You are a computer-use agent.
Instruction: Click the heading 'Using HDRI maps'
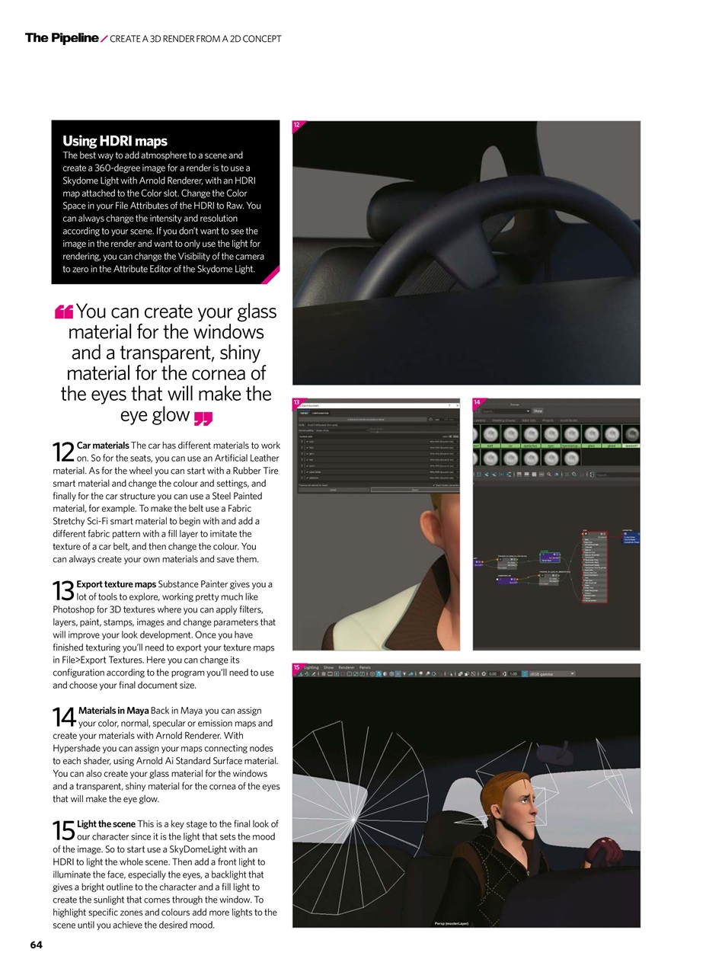click(x=114, y=141)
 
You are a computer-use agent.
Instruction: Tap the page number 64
click(x=37, y=945)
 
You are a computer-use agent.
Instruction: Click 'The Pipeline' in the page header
click(x=62, y=38)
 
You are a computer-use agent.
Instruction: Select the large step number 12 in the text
click(x=63, y=452)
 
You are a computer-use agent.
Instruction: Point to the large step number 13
click(x=63, y=591)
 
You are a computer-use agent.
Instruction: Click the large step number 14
click(x=64, y=717)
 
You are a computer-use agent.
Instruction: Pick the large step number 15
click(x=63, y=830)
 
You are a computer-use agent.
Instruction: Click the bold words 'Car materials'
click(x=103, y=445)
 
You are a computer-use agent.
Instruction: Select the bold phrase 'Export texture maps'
click(x=116, y=584)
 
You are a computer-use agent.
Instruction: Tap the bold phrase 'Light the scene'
click(x=106, y=823)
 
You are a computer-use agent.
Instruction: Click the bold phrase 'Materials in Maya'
click(x=113, y=711)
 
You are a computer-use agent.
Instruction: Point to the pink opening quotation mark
click(x=64, y=312)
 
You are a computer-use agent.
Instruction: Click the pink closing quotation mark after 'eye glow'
click(x=203, y=417)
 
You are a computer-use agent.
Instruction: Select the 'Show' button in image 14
click(x=538, y=411)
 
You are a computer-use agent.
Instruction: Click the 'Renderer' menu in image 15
click(x=347, y=667)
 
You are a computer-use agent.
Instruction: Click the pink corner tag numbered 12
click(x=297, y=125)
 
